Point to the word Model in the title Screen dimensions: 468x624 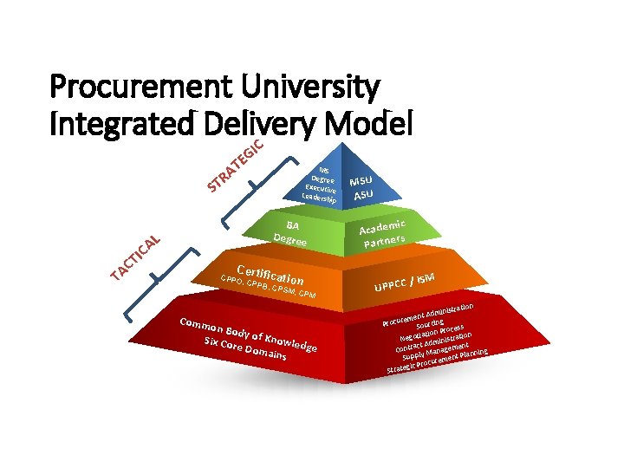(369, 124)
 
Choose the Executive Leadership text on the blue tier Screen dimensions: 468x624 (319, 192)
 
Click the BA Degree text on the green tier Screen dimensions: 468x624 (288, 232)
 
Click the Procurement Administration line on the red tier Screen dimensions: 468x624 (428, 315)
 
